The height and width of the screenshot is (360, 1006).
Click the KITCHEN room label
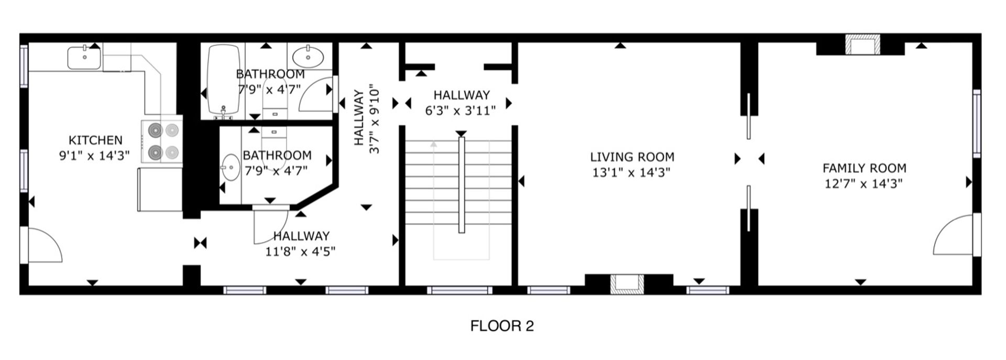click(95, 140)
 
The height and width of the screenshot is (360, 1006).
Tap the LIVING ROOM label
click(632, 157)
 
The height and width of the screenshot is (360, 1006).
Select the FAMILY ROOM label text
click(864, 168)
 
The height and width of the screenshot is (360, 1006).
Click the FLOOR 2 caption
click(502, 326)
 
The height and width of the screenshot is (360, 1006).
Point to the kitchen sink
click(84, 58)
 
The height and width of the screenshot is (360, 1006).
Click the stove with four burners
click(162, 140)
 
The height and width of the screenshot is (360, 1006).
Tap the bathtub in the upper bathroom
click(224, 79)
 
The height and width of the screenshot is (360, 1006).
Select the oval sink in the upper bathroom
click(308, 56)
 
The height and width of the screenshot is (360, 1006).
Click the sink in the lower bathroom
click(229, 167)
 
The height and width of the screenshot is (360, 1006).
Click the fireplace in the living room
click(627, 283)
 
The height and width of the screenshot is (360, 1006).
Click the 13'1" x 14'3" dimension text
click(631, 172)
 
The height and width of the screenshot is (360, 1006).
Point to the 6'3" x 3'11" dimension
click(461, 111)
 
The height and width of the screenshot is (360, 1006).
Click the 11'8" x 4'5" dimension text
click(300, 252)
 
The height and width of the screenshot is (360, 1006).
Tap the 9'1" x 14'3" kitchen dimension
click(94, 156)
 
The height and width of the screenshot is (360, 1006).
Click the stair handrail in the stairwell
click(462, 185)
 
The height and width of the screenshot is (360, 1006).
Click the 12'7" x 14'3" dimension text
click(863, 184)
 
